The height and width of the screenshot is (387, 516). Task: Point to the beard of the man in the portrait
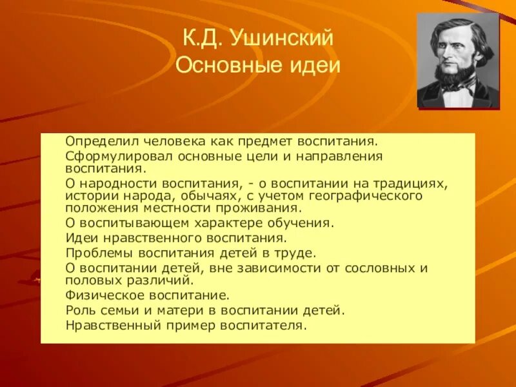coord(454,80)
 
